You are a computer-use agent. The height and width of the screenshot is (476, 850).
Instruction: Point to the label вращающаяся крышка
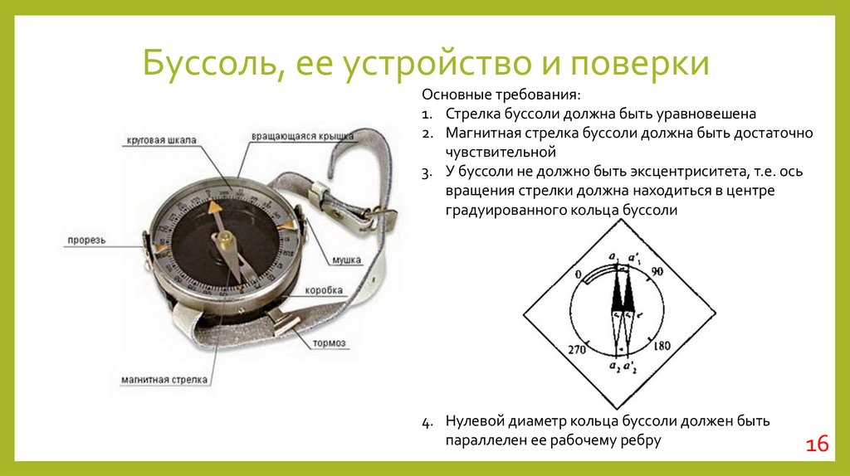[x=303, y=135]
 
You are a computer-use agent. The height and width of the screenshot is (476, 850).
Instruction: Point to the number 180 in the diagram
[x=662, y=346]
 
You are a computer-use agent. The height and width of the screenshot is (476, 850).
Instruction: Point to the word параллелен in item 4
[x=481, y=440]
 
